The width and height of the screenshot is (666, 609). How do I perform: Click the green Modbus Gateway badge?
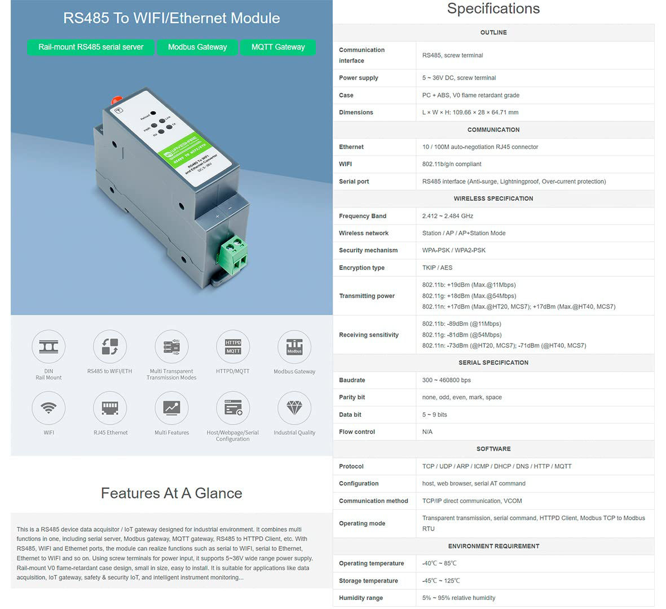click(197, 47)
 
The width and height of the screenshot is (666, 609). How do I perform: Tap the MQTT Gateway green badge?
click(278, 47)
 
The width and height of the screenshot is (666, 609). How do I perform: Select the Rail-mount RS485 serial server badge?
click(91, 47)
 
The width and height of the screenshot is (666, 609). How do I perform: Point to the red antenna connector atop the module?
click(117, 99)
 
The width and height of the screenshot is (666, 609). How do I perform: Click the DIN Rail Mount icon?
click(48, 346)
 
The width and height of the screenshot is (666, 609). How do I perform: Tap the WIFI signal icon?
click(48, 408)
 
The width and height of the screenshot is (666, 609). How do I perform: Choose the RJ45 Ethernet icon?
click(110, 408)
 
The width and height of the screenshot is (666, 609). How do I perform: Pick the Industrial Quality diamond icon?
click(294, 408)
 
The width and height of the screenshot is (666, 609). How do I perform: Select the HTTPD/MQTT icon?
click(233, 346)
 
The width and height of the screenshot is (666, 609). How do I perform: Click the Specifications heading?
click(493, 9)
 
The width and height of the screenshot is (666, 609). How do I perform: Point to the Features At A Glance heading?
click(171, 493)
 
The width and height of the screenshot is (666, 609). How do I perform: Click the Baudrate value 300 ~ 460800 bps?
click(447, 380)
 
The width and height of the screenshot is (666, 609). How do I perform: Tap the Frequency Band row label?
click(363, 216)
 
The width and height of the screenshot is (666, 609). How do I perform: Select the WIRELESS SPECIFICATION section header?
click(493, 198)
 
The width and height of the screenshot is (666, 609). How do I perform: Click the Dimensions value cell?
click(470, 112)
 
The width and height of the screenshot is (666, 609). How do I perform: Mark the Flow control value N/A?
click(427, 432)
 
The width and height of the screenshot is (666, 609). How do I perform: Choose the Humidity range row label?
click(361, 598)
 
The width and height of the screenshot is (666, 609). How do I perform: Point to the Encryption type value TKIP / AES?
click(437, 268)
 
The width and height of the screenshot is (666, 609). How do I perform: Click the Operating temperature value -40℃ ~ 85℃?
click(439, 563)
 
